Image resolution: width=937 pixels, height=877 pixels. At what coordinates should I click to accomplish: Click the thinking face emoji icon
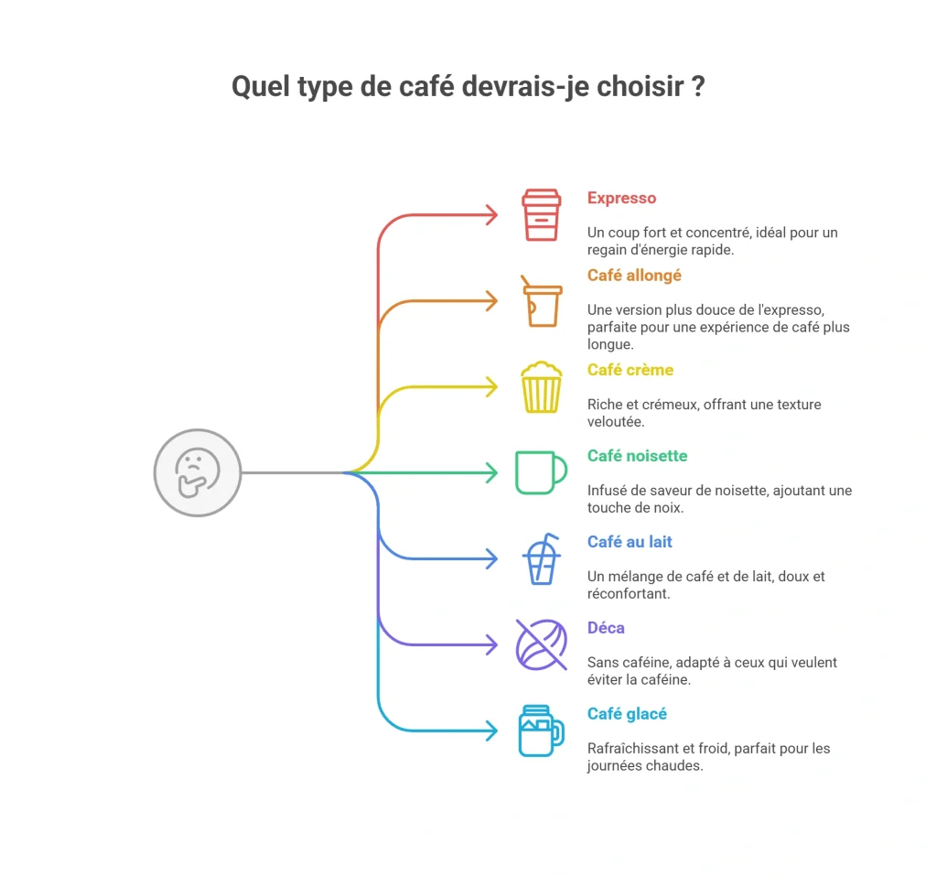pyautogui.click(x=198, y=472)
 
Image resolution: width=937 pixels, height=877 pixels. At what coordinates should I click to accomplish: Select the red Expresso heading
pyautogui.click(x=621, y=198)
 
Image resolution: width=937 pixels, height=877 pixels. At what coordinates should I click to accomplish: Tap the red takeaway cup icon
pyautogui.click(x=542, y=215)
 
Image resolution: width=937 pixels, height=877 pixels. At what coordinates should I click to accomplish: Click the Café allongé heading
pyautogui.click(x=634, y=275)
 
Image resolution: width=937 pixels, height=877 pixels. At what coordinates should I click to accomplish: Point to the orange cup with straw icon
pyautogui.click(x=542, y=301)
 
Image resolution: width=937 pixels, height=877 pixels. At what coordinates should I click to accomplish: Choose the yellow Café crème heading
pyautogui.click(x=630, y=370)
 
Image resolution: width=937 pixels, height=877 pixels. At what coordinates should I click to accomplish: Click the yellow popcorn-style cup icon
pyautogui.click(x=542, y=387)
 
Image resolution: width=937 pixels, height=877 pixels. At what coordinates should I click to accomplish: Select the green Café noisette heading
pyautogui.click(x=637, y=456)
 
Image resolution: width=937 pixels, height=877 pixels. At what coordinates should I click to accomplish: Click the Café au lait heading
pyautogui.click(x=630, y=542)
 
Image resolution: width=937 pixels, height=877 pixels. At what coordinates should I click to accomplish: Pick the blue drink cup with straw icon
pyautogui.click(x=542, y=559)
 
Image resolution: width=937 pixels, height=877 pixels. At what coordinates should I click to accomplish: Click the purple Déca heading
pyautogui.click(x=606, y=628)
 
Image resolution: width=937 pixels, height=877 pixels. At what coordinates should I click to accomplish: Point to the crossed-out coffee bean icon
pyautogui.click(x=542, y=645)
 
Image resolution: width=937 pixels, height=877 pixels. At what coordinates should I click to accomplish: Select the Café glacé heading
pyautogui.click(x=627, y=714)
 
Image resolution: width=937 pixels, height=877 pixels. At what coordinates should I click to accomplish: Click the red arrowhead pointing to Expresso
pyautogui.click(x=491, y=215)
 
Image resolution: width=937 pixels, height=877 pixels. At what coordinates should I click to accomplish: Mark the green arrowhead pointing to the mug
pyautogui.click(x=491, y=473)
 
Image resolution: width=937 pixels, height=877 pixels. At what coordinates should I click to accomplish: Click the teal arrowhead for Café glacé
pyautogui.click(x=491, y=731)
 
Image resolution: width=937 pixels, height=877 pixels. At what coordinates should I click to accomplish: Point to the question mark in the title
pyautogui.click(x=698, y=86)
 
